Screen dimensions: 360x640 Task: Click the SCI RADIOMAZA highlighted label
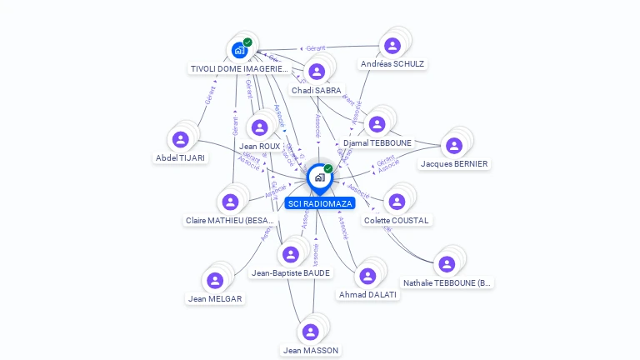pyautogui.click(x=320, y=203)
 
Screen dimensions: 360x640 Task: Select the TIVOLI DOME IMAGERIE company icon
pyautogui.click(x=239, y=50)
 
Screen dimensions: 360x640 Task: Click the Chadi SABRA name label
pyautogui.click(x=316, y=90)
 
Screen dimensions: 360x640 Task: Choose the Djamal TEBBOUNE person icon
pyautogui.click(x=377, y=124)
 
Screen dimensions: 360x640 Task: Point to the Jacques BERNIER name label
pyautogui.click(x=454, y=164)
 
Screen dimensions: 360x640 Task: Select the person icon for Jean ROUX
pyautogui.click(x=259, y=127)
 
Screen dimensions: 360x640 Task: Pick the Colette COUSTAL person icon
pyautogui.click(x=397, y=202)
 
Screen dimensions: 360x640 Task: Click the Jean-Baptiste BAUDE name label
pyautogui.click(x=291, y=272)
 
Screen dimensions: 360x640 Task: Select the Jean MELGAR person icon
pyautogui.click(x=214, y=280)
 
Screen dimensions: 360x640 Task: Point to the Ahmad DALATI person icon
pyautogui.click(x=367, y=276)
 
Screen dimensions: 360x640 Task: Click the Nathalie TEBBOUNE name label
pyautogui.click(x=448, y=283)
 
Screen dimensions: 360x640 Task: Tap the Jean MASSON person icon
pyautogui.click(x=310, y=332)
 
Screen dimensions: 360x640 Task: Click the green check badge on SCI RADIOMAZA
pyautogui.click(x=328, y=169)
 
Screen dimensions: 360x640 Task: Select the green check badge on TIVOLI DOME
pyautogui.click(x=247, y=42)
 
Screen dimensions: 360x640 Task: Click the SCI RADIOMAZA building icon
pyautogui.click(x=318, y=177)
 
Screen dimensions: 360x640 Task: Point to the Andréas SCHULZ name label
pyautogui.click(x=392, y=64)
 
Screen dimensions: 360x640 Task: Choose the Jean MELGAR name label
pyautogui.click(x=215, y=298)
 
